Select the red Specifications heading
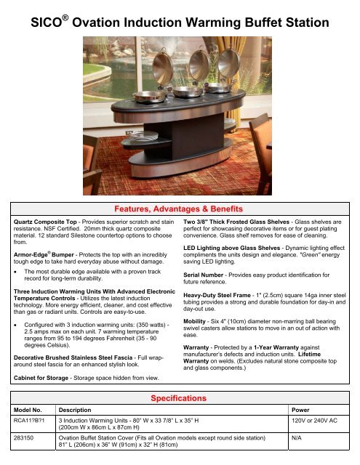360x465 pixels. pos(180,398)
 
